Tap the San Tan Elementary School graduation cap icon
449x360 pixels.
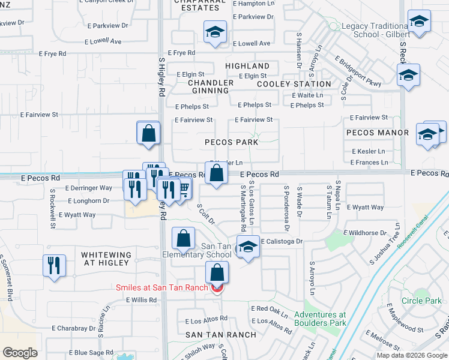coord(247,247)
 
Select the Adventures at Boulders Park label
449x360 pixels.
coord(320,319)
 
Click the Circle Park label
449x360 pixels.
coord(421,301)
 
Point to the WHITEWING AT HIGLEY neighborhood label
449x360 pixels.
coord(106,259)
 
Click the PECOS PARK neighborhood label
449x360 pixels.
coord(231,142)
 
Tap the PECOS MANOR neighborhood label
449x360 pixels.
coord(378,132)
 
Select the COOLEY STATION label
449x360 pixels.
coord(294,84)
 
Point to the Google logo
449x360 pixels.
coord(20,353)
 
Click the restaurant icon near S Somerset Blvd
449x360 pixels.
coord(53,264)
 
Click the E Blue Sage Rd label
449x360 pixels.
coord(91,352)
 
